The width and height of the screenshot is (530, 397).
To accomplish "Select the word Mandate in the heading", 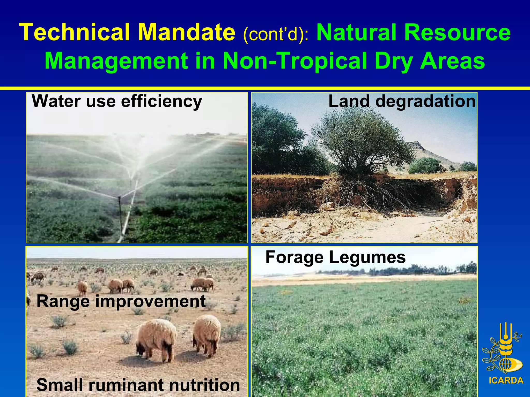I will coord(186,32).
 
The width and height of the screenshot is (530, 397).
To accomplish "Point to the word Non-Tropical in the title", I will coord(295,61).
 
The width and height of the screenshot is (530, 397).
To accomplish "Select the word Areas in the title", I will coord(452,61).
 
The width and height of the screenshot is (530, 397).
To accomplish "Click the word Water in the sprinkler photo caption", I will coord(56,101).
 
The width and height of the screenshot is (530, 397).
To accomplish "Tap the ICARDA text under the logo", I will coord(506,381).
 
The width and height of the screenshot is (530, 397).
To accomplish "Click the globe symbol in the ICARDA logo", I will coord(504,364).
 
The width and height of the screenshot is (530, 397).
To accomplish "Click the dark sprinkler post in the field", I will coord(120,207).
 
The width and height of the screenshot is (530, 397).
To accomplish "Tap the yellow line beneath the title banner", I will coord(265,88).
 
